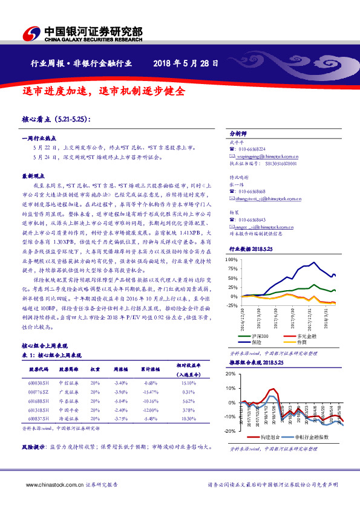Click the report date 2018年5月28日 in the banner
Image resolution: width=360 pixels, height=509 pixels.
coord(186,63)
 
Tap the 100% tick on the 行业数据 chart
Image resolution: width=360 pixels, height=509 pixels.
coord(232,259)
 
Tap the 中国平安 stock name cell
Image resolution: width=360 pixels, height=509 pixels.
coord(67,409)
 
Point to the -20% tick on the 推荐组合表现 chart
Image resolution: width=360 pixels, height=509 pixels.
coord(231,431)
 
